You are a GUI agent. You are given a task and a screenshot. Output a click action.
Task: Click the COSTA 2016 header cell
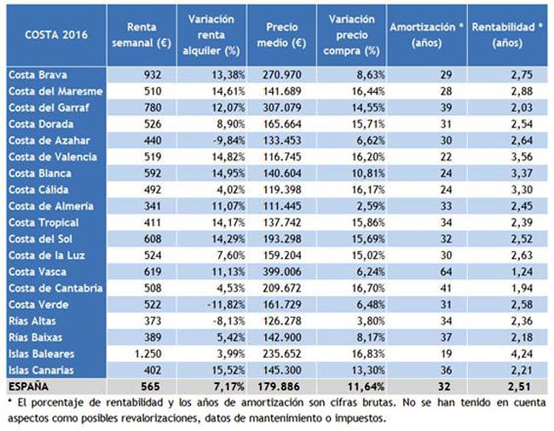point(56,35)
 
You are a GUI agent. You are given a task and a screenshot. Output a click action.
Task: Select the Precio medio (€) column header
point(281,35)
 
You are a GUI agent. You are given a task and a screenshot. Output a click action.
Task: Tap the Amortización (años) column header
point(426,35)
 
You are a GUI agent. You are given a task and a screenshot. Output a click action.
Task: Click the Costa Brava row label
point(38,75)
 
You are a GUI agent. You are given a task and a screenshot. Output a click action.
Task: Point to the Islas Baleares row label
point(42,353)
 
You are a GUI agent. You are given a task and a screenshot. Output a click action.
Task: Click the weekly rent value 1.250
point(148,353)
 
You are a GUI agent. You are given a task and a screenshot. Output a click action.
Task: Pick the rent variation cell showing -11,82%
point(226,305)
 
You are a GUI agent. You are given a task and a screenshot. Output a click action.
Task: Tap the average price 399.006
point(282,272)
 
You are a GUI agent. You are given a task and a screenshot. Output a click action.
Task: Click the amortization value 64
point(446,272)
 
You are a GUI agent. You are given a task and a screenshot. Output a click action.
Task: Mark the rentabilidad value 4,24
point(522,353)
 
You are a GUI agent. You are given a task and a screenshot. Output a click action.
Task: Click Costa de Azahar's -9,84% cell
point(228,141)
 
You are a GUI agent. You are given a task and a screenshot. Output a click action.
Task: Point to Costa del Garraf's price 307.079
point(282,107)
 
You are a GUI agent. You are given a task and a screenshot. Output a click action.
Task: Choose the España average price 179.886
point(279,387)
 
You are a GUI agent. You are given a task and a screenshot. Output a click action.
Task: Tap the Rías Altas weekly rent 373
point(153,321)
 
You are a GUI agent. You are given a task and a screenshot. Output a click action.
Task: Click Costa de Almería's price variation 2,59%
point(371,206)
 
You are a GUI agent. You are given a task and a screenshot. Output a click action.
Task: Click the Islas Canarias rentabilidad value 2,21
point(522,370)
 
